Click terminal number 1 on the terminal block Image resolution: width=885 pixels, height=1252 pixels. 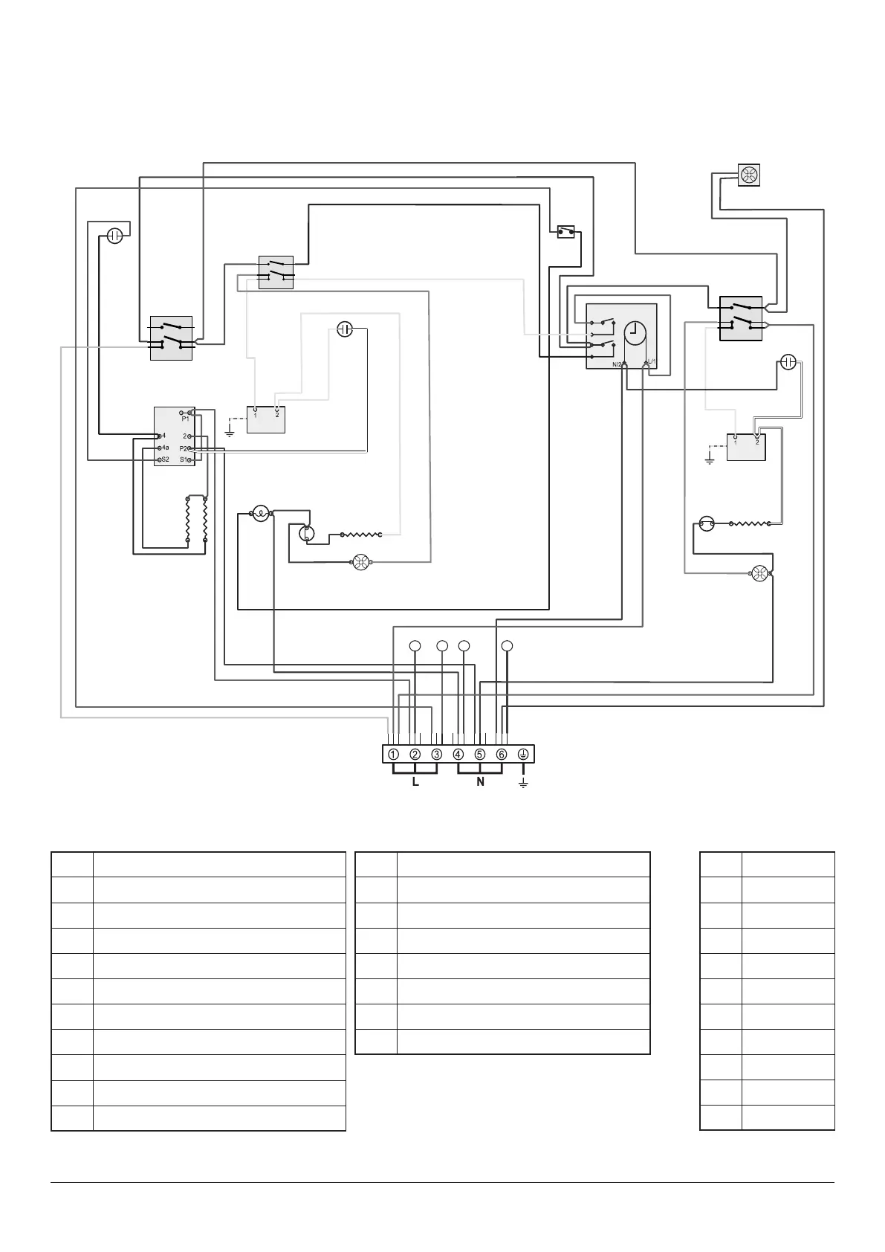(392, 754)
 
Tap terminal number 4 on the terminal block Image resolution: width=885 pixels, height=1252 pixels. (458, 754)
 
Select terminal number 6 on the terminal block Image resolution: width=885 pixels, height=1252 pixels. (502, 754)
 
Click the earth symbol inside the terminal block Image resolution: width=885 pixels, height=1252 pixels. (523, 754)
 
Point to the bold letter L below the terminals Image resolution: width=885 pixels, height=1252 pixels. (415, 782)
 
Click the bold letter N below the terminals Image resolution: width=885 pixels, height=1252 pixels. (480, 782)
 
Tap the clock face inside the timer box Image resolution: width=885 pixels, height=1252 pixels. (635, 333)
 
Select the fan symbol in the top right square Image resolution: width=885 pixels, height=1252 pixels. (748, 175)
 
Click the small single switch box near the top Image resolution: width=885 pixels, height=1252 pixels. (566, 232)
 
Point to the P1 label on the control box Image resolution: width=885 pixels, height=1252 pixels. (185, 419)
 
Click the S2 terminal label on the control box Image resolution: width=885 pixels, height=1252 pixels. (165, 460)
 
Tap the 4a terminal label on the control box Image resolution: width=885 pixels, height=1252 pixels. (165, 448)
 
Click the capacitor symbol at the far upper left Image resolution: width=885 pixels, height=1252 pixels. (114, 236)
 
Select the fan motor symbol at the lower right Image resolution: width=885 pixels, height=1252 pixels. (759, 573)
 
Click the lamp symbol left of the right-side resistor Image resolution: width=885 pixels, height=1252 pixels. (707, 525)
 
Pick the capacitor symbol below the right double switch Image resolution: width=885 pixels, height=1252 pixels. (788, 362)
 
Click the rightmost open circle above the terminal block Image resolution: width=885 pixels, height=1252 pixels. (507, 645)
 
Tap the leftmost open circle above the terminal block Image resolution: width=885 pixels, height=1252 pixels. (415, 645)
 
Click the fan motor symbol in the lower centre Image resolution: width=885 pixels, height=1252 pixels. (361, 563)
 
